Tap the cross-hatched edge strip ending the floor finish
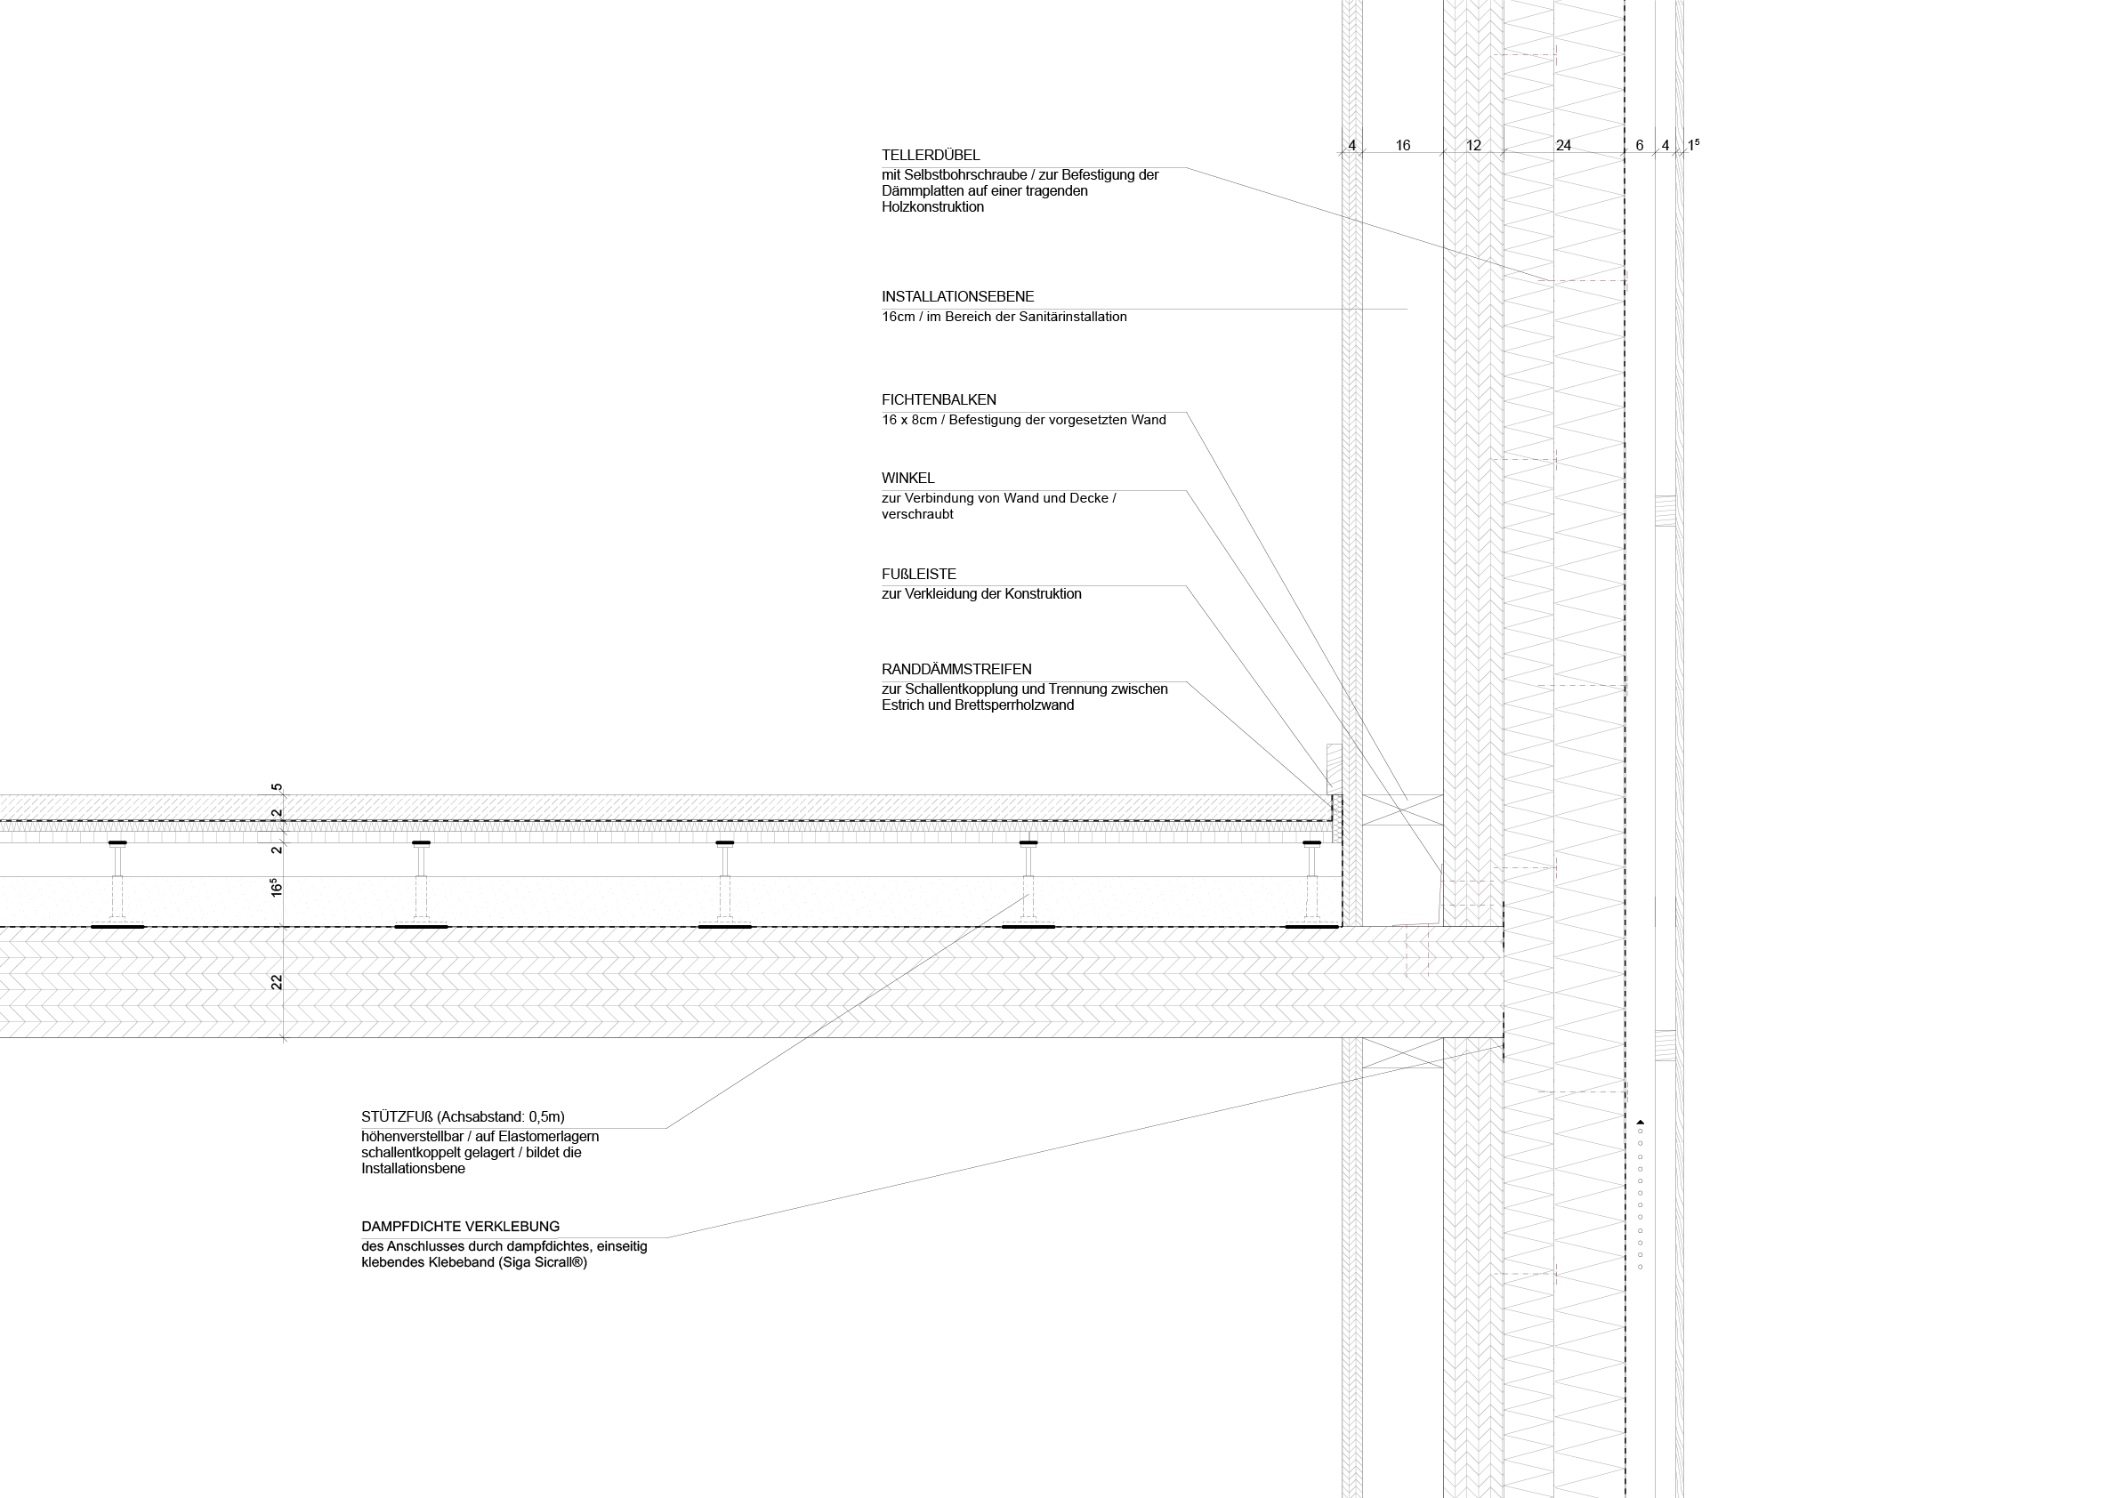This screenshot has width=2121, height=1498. pyautogui.click(x=1336, y=817)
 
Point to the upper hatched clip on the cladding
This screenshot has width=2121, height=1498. pyautogui.click(x=1665, y=510)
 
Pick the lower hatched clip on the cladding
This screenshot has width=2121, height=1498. pyautogui.click(x=1665, y=1044)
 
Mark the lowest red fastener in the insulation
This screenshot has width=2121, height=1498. pyautogui.click(x=1529, y=1275)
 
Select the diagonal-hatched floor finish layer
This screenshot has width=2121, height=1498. pyautogui.click(x=647, y=807)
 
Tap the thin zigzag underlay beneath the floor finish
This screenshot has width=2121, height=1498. pyautogui.click(x=647, y=827)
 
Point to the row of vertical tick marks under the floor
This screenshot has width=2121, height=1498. pyautogui.click(x=647, y=838)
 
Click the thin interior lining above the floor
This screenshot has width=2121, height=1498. pyautogui.click(x=1352, y=369)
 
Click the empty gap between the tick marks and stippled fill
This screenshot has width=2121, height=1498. pyautogui.click(x=647, y=859)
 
